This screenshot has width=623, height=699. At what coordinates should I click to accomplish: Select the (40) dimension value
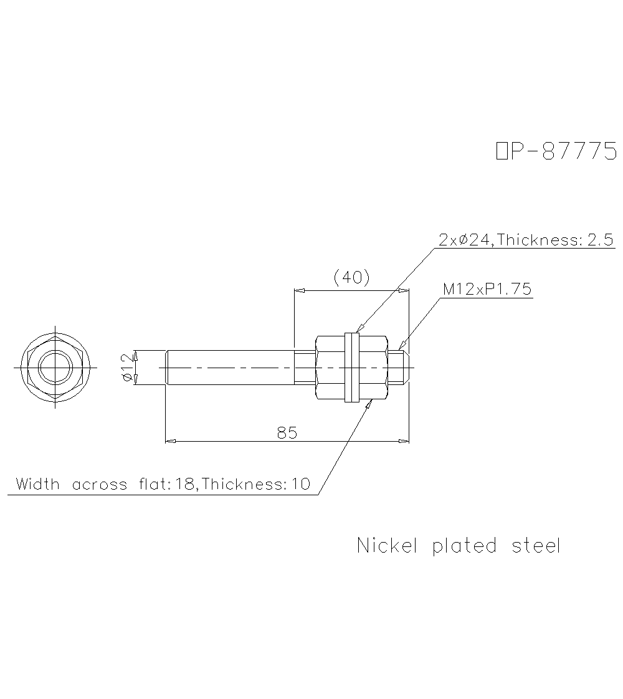[x=352, y=277]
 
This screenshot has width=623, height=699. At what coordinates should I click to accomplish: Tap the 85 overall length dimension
[x=287, y=432]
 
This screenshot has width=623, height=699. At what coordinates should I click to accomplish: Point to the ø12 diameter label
[x=128, y=368]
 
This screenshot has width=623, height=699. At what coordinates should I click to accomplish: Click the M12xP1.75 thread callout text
[x=487, y=289]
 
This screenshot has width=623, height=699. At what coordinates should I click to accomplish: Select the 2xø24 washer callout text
[x=466, y=240]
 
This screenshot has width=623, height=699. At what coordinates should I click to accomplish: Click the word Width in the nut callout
[x=38, y=484]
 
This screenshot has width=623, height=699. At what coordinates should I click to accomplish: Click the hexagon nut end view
[x=55, y=368]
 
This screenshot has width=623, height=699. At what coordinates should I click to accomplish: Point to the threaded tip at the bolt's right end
[x=400, y=367]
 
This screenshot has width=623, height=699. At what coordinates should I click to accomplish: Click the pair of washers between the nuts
[x=352, y=368]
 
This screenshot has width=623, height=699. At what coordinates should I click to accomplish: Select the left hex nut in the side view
[x=330, y=368]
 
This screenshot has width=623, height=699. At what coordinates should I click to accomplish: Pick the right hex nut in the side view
[x=374, y=368]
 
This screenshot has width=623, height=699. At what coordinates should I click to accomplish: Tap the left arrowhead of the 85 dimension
[x=169, y=441]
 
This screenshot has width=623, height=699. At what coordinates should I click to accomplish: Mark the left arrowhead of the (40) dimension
[x=298, y=290]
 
